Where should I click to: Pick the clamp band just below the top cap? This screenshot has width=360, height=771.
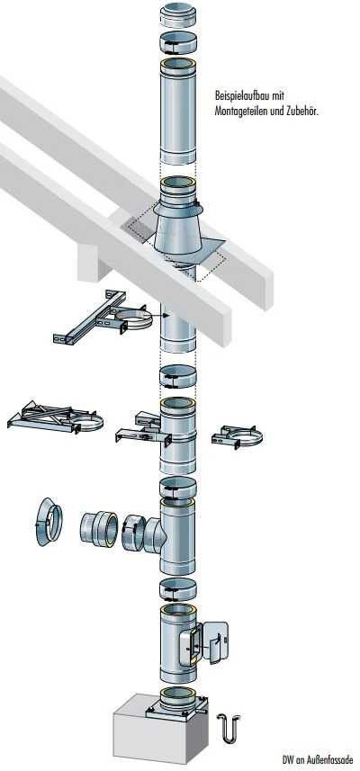click(178, 42)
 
